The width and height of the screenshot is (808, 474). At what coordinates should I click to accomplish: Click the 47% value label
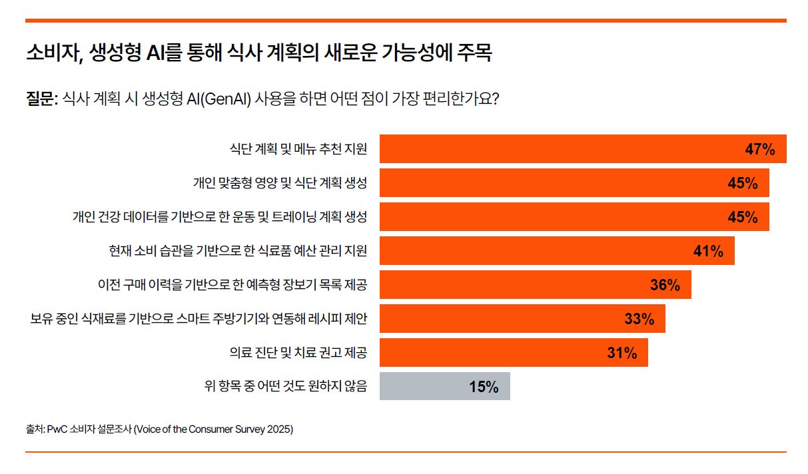click(x=759, y=149)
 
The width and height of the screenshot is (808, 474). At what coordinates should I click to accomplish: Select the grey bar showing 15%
click(x=444, y=386)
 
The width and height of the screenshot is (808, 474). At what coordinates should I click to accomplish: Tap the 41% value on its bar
click(x=708, y=251)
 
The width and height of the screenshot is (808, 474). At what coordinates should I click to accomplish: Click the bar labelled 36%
click(x=535, y=285)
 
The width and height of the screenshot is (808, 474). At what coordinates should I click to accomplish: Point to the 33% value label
click(x=639, y=319)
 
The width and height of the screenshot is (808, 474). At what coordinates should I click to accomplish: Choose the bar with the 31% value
click(x=513, y=353)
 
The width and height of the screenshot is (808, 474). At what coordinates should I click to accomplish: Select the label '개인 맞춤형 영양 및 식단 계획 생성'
click(x=280, y=183)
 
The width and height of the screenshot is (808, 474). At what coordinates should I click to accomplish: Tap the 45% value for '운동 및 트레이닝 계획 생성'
click(x=743, y=217)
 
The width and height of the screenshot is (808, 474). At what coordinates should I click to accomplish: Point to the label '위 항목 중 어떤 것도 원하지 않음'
click(x=286, y=386)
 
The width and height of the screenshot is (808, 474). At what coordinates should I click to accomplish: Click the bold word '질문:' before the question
click(x=42, y=99)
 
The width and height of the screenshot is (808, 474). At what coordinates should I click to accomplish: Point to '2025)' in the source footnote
click(x=280, y=429)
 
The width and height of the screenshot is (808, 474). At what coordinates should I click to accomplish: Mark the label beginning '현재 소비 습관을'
click(x=238, y=251)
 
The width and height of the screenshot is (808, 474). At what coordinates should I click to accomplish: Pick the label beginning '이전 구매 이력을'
click(x=232, y=285)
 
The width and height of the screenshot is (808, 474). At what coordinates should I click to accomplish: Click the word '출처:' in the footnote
click(x=35, y=429)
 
